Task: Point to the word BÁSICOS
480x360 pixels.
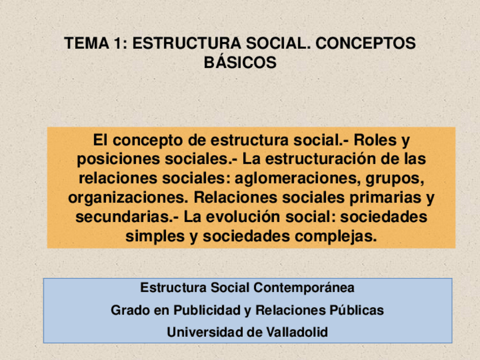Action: [240, 62]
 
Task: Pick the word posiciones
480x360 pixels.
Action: [114, 159]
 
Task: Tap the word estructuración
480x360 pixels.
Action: [316, 159]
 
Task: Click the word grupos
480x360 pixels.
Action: [394, 178]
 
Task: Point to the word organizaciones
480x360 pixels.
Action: [127, 198]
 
